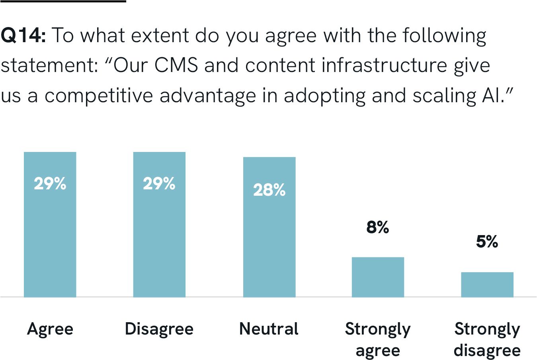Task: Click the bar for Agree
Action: [50, 239]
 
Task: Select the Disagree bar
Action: [159, 239]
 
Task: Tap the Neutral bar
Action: [269, 243]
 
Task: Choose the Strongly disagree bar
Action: [487, 284]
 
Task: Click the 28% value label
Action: [269, 190]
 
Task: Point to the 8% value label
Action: [377, 227]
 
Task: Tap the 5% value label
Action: [487, 241]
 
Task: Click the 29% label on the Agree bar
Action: [50, 183]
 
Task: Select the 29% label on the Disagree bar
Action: [159, 183]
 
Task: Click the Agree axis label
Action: [50, 329]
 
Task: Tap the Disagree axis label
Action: [159, 329]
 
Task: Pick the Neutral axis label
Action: [269, 329]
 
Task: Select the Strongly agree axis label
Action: [378, 339]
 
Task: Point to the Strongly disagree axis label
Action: [487, 339]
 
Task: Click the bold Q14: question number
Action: [23, 36]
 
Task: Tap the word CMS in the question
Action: [176, 66]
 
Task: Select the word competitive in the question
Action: [99, 96]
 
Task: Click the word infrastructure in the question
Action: [385, 66]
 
